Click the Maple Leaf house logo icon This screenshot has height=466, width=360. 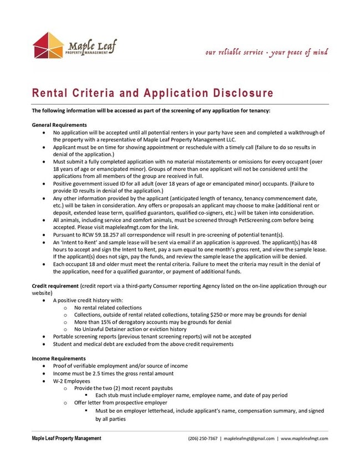point(48,45)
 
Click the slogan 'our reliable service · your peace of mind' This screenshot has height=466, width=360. point(266,53)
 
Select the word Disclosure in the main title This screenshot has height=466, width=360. point(235,93)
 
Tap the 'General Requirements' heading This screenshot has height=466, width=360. point(59,125)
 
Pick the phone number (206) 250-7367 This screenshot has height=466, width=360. point(203,438)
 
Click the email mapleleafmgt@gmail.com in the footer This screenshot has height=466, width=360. point(249,438)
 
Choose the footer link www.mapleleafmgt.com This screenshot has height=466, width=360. point(304,438)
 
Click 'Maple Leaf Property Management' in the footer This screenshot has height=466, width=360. point(66,438)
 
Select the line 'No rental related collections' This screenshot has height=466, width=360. point(107,307)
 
